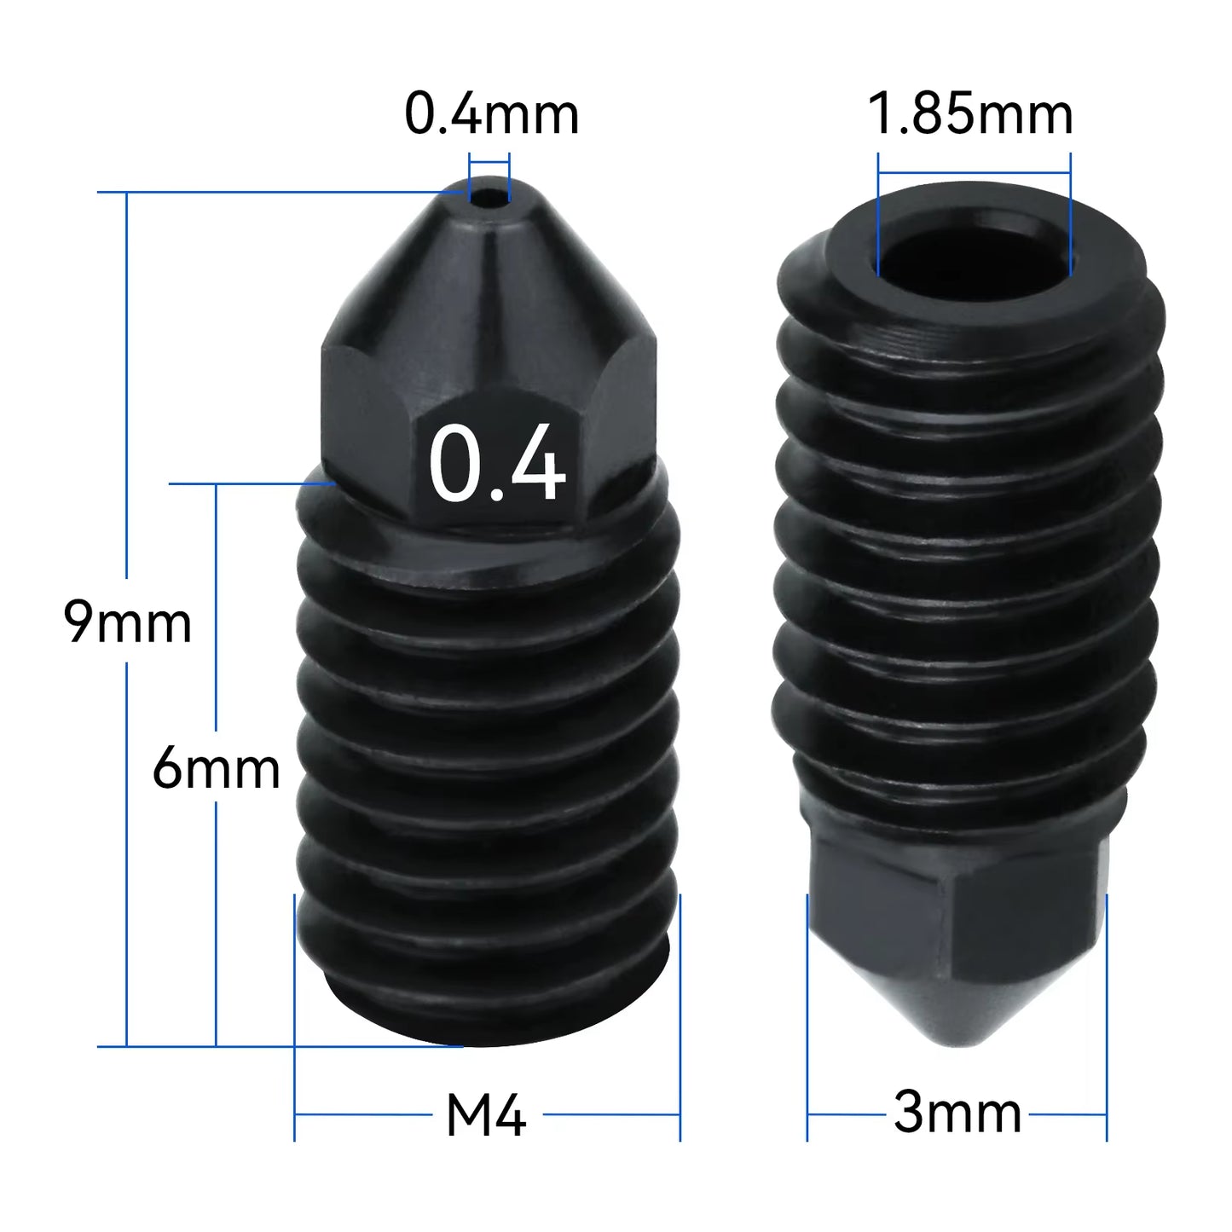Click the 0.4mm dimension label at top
(491, 114)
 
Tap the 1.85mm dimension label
(969, 114)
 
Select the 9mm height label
(128, 622)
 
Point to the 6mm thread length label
(216, 768)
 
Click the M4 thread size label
(486, 1114)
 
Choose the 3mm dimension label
(957, 1113)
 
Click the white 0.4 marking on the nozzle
(496, 465)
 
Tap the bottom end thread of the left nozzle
(486, 1006)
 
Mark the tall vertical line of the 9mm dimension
(127, 384)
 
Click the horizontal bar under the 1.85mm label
(974, 174)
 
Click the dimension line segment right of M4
(611, 1114)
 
